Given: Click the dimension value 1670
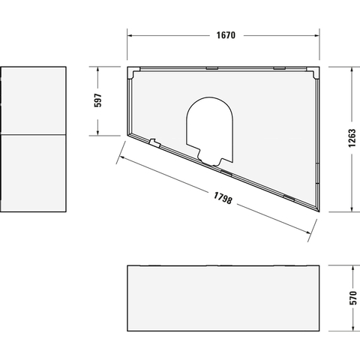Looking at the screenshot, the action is coord(226,35).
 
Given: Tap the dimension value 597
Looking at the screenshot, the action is coord(97,100).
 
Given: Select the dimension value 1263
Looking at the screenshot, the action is coord(352,138).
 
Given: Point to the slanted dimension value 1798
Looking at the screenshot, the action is coord(223,198).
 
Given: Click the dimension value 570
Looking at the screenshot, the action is coord(353,298).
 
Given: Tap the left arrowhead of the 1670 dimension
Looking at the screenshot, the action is coord(130,35).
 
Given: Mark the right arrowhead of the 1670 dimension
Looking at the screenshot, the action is coord(316,35).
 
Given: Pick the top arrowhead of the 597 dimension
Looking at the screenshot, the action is coord(97,70).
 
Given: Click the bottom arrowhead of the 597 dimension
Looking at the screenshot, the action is coord(97,133).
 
